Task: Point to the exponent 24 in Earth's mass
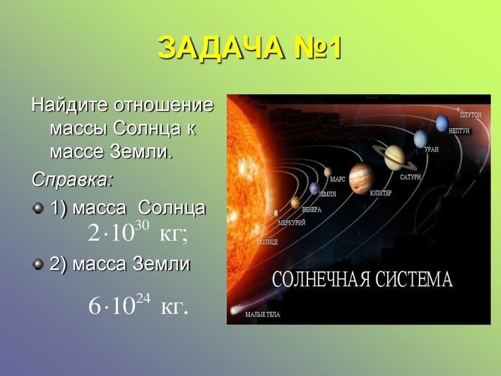[143, 299]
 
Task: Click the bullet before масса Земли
[39, 264]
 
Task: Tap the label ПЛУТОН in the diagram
[470, 115]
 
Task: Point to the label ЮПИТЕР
[381, 193]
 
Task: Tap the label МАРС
[338, 179]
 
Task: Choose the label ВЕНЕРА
[311, 210]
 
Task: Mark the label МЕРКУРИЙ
[291, 222]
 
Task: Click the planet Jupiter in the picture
[361, 175]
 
